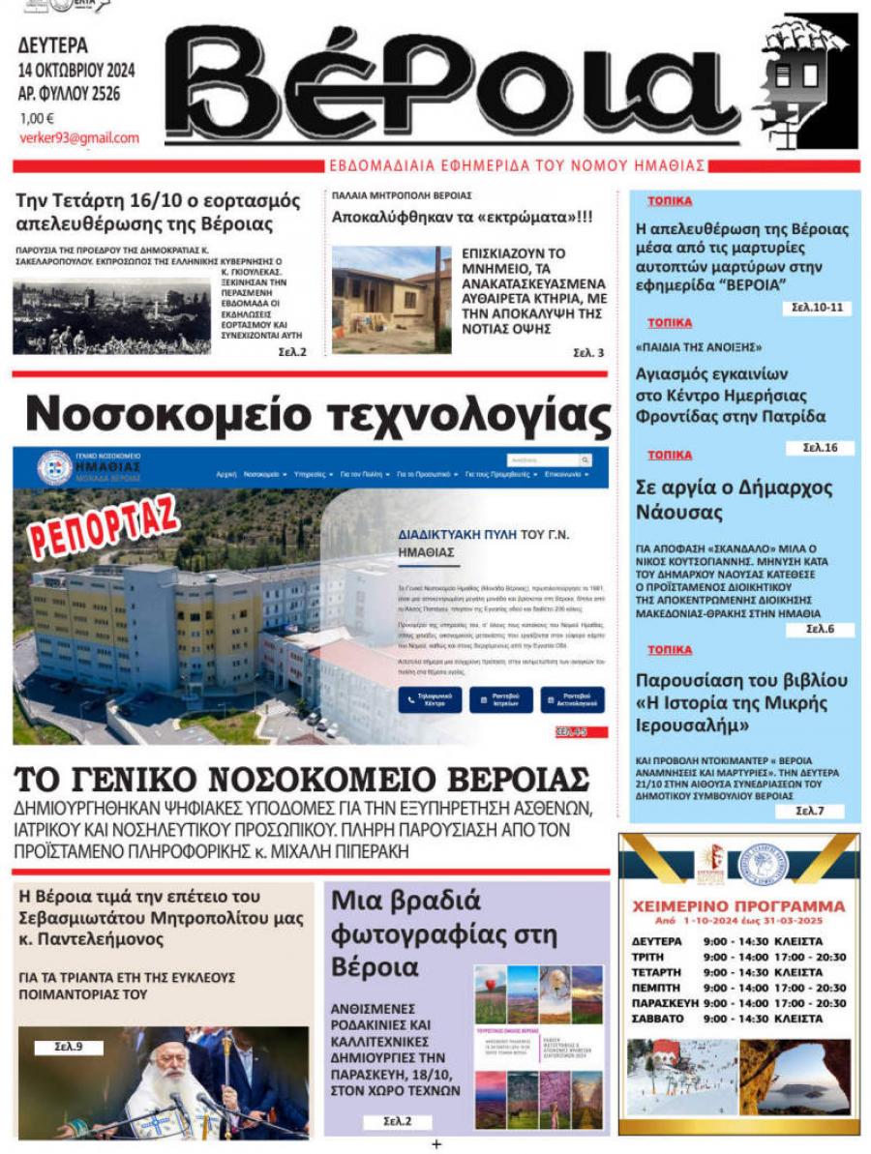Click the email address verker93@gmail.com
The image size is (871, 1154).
tap(79, 138)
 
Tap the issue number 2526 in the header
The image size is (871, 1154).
tap(115, 94)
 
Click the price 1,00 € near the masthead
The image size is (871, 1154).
tap(38, 118)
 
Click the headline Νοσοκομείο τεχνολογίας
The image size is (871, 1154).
tap(317, 415)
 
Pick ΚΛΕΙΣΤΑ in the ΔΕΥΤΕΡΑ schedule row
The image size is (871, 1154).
tap(797, 941)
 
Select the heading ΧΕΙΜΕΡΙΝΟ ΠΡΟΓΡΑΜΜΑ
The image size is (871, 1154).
tap(737, 906)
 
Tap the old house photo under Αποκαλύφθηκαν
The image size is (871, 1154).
tap(391, 299)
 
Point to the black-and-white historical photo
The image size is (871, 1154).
tap(111, 316)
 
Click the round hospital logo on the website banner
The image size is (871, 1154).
tap(54, 468)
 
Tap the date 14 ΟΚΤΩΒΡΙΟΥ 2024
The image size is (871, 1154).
tap(76, 71)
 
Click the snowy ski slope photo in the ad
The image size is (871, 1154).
tap(680, 1077)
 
